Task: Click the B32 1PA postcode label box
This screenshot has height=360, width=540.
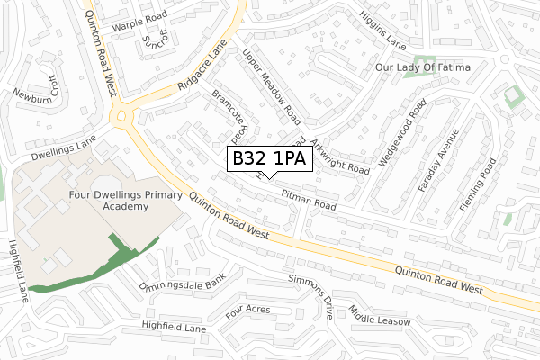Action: click(269, 159)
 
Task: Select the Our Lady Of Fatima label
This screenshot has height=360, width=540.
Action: click(435, 67)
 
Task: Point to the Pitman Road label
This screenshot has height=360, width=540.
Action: click(308, 200)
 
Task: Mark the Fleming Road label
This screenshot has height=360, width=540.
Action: click(477, 186)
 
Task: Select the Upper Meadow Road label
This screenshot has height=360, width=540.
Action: click(271, 86)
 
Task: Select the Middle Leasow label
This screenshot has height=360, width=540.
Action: click(381, 315)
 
